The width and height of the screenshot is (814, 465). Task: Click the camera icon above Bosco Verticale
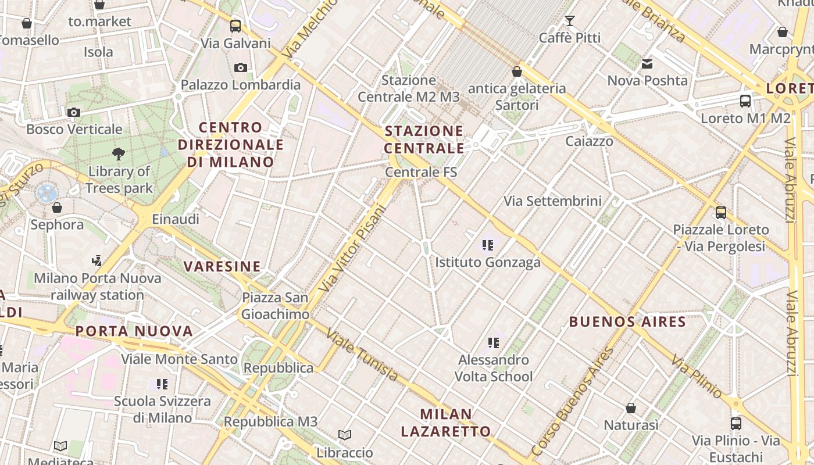(x=74, y=112)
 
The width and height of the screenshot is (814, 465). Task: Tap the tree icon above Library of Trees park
(x=119, y=154)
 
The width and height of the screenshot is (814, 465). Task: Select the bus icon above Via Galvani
(x=235, y=26)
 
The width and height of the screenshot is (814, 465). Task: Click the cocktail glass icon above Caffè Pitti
(x=569, y=21)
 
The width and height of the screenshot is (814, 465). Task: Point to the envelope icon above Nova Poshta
(x=647, y=63)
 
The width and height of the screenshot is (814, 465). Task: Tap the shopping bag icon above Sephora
(x=57, y=208)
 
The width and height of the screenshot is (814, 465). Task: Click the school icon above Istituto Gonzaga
(x=488, y=245)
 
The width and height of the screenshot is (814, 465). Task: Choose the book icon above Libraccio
(x=345, y=435)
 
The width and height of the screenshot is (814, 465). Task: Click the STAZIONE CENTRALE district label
(x=424, y=139)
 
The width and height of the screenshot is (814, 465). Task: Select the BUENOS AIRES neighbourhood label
(x=627, y=321)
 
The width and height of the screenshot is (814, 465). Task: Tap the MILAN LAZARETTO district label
(x=446, y=423)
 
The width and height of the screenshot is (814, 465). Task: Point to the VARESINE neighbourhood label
(x=222, y=267)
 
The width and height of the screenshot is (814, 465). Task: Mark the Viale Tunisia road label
(x=362, y=355)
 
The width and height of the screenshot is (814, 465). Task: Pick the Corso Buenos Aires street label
(x=573, y=401)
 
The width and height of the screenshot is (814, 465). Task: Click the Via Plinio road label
(x=697, y=376)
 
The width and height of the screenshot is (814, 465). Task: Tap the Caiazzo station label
(x=589, y=141)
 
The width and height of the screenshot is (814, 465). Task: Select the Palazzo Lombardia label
(x=241, y=85)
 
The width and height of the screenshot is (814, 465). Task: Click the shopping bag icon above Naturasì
(x=631, y=409)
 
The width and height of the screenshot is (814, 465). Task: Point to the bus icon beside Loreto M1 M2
(x=745, y=101)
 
